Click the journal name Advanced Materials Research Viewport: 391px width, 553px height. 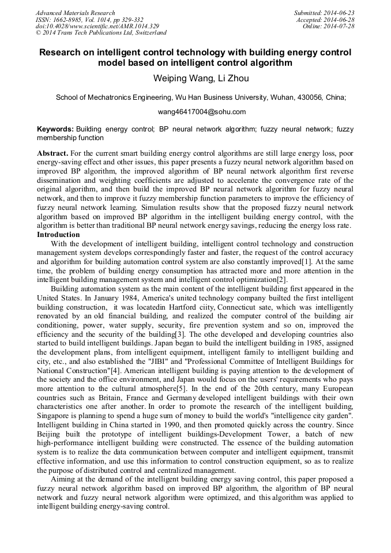click(x=75, y=13)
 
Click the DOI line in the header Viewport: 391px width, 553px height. click(x=97, y=27)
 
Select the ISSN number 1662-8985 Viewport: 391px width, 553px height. click(x=72, y=20)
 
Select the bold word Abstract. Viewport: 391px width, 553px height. click(x=53, y=153)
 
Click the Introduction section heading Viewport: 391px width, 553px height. click(x=58, y=235)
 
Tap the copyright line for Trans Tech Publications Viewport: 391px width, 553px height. click(x=101, y=33)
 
